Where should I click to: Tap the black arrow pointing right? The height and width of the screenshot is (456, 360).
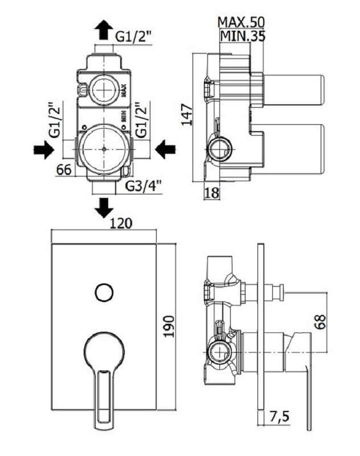click(44, 150)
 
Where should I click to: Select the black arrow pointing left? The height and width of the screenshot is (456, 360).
click(165, 149)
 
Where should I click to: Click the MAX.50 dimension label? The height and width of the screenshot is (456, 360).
click(242, 22)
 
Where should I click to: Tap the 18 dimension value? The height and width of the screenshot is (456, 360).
click(211, 193)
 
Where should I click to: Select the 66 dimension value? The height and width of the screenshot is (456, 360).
click(64, 169)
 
